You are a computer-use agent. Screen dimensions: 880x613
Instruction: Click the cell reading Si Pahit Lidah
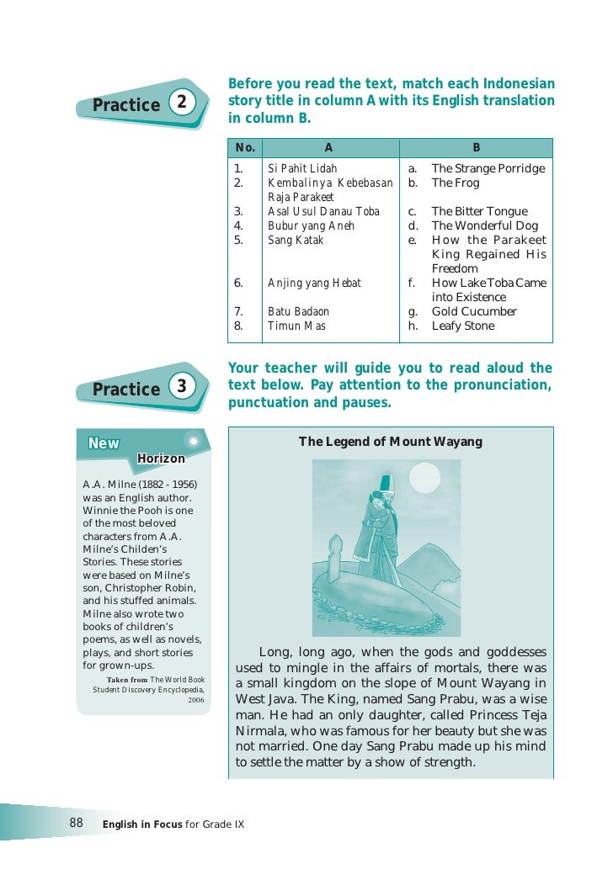(x=301, y=168)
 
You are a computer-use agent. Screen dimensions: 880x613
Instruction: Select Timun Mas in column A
(x=296, y=326)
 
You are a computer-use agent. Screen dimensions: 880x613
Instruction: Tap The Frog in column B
(x=455, y=183)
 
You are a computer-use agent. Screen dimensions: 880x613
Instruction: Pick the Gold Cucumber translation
(x=474, y=311)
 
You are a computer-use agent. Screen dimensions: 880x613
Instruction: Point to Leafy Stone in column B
(x=463, y=326)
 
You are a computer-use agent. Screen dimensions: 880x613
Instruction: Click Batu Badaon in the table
(x=298, y=311)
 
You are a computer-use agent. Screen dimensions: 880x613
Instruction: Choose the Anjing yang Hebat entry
(x=314, y=283)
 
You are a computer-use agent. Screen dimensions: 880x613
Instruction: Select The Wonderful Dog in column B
(x=484, y=225)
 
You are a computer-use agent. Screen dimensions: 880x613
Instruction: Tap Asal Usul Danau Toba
(x=323, y=211)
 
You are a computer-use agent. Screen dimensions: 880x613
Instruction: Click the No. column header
(x=245, y=147)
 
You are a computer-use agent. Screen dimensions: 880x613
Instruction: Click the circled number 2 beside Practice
(x=179, y=103)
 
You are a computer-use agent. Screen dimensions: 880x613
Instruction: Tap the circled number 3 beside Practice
(x=179, y=387)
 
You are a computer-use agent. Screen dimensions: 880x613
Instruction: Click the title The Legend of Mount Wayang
(x=391, y=442)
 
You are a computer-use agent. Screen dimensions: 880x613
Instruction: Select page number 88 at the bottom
(x=76, y=823)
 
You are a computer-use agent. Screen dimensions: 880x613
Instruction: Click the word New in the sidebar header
(x=104, y=444)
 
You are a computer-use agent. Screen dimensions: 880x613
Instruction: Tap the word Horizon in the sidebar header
(x=161, y=459)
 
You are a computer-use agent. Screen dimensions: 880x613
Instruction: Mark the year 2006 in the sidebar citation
(x=195, y=699)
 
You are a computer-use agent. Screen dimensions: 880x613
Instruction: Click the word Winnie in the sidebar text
(x=99, y=511)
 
